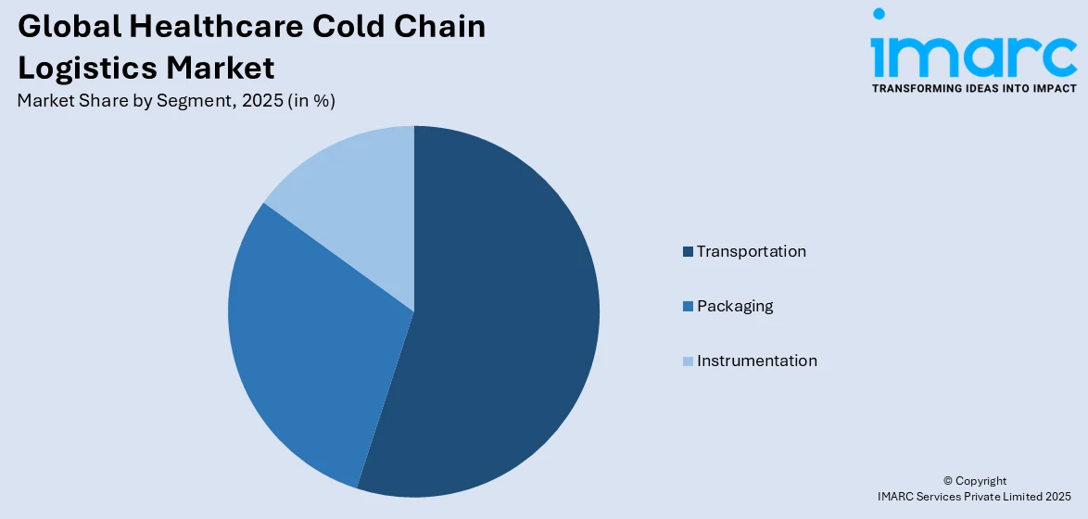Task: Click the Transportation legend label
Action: point(751,251)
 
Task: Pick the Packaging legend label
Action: point(734,306)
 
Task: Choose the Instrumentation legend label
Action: point(756,361)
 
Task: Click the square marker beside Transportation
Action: point(688,252)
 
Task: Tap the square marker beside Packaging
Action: point(688,307)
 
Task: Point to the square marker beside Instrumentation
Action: point(688,361)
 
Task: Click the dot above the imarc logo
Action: point(879,14)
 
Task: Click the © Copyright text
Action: point(974,481)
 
